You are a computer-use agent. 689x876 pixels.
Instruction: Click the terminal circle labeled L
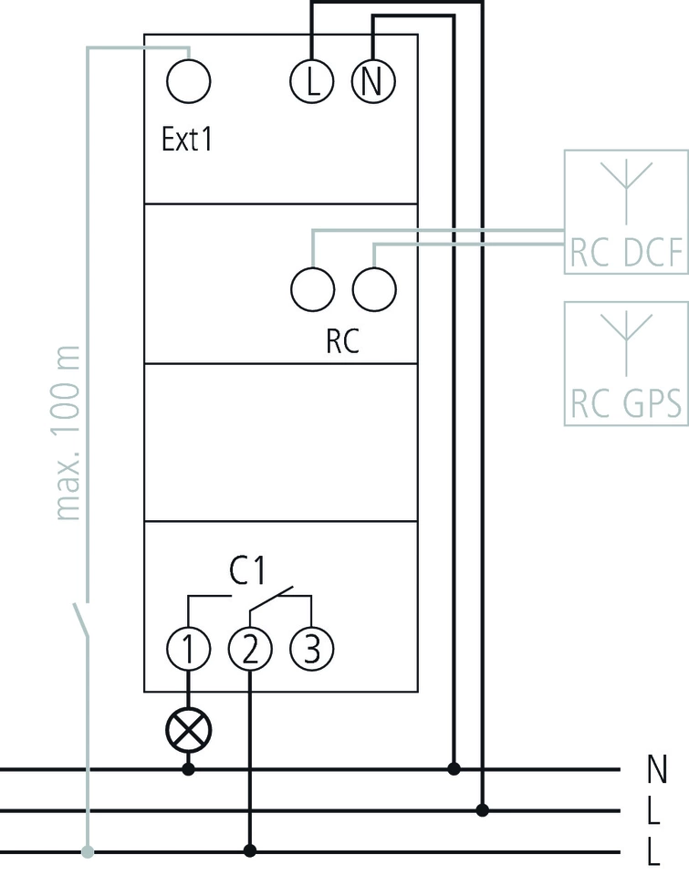coord(312,81)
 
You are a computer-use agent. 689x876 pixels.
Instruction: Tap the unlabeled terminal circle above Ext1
coord(189,81)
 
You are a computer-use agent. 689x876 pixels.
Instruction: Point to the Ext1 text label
coord(186,141)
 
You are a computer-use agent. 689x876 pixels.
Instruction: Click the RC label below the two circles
coord(342,341)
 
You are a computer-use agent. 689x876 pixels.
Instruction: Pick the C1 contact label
coord(246,572)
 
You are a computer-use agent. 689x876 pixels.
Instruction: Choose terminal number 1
coord(189,649)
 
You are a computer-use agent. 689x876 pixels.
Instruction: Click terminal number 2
coord(251,649)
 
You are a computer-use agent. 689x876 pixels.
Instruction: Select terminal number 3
coord(312,649)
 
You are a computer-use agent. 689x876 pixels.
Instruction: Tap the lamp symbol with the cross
coord(189,728)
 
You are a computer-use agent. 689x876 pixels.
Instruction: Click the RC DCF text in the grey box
coord(627,255)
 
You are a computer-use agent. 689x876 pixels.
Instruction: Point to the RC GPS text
coord(627,402)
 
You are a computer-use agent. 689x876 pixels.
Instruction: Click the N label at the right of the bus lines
coord(655,769)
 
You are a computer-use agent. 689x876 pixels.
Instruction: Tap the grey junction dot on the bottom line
coord(88,852)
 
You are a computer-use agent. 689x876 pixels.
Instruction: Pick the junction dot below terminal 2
coord(251,852)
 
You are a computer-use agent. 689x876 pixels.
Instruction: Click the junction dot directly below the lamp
coord(189,769)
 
